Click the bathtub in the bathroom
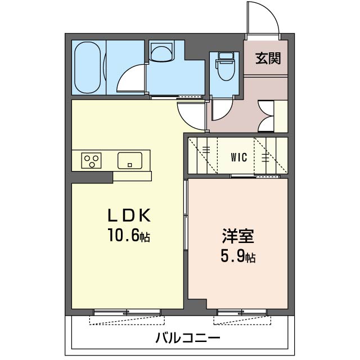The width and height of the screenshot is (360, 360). pos(89,67)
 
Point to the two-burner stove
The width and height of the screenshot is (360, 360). pos(91,161)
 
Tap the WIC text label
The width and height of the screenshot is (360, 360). pos(239,157)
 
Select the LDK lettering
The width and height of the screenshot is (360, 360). pos(130,217)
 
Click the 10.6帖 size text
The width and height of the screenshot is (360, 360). pos(129,237)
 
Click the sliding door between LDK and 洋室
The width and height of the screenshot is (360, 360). pos(186,214)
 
